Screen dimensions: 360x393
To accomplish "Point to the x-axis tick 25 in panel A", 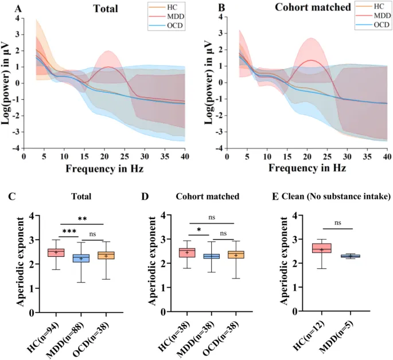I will (x=124, y=156).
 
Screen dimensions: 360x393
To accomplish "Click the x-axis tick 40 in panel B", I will (x=387, y=156).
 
